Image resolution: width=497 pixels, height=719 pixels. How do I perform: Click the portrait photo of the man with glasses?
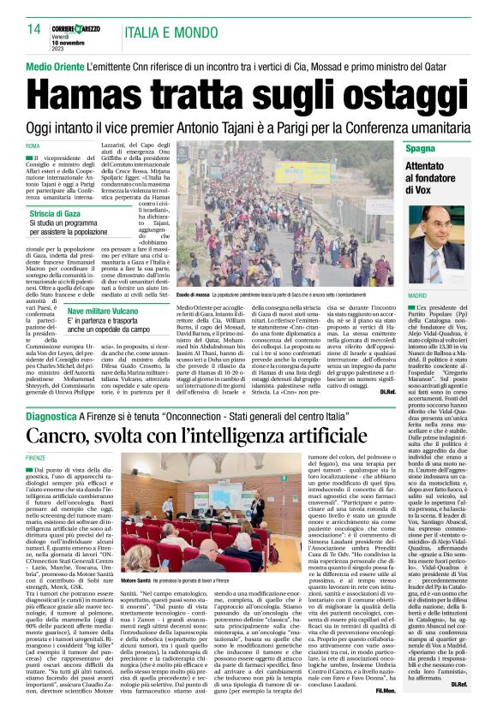tap(455, 251)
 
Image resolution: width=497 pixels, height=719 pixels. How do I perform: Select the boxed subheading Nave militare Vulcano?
tap(114, 311)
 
